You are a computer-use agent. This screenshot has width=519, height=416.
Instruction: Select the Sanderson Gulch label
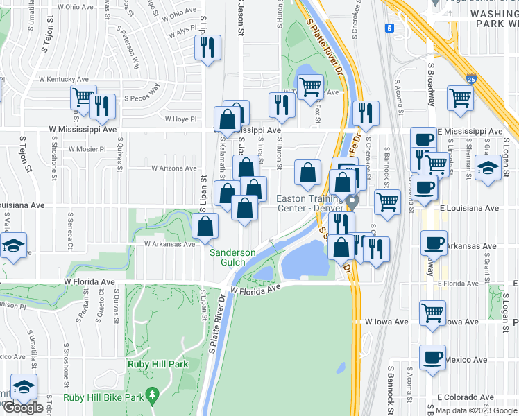tap(233, 257)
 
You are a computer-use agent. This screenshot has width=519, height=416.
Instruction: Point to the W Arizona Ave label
tap(174, 168)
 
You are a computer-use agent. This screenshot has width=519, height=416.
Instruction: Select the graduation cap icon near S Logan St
tap(488, 168)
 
